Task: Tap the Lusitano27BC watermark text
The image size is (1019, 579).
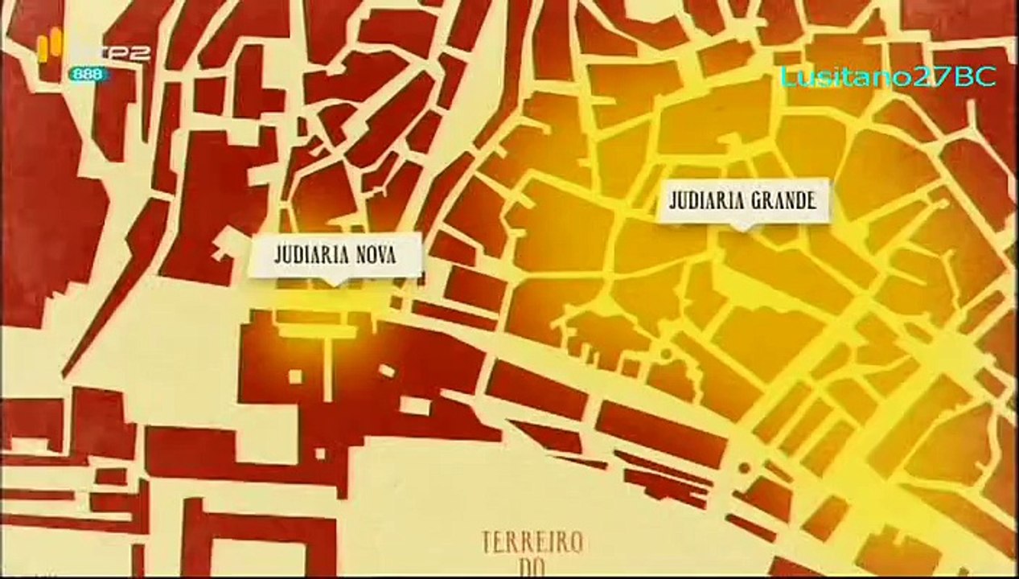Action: [x=888, y=76]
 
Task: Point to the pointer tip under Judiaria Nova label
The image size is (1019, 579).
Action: [x=332, y=284]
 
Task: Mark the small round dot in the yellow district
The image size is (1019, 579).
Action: [x=664, y=354]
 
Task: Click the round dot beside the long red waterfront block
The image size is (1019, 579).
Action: [x=744, y=466]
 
